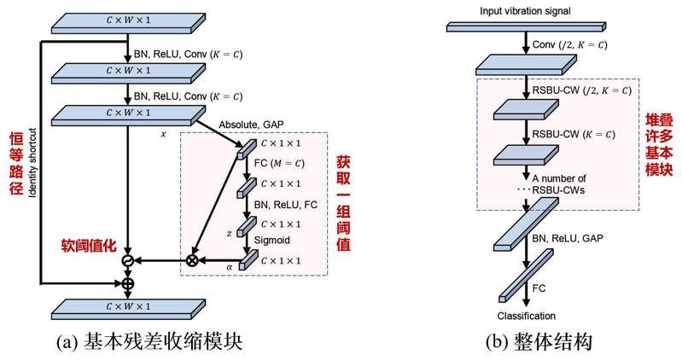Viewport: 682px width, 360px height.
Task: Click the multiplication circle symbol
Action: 192,259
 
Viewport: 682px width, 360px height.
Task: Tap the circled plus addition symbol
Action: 128,282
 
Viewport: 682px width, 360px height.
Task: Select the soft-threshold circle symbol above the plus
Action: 128,259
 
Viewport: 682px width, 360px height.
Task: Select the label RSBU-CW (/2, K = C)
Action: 581,90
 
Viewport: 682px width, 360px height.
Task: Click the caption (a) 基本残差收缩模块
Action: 149,341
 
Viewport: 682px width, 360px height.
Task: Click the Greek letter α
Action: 230,266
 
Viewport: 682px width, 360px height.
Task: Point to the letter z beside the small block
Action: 229,232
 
